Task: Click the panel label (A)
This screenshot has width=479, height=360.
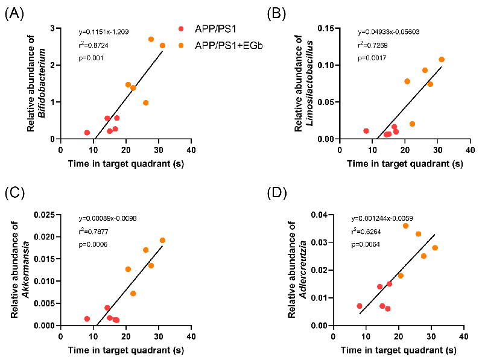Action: point(14,13)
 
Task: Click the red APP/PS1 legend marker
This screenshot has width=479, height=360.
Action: point(180,28)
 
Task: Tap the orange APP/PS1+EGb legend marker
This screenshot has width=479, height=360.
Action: point(180,45)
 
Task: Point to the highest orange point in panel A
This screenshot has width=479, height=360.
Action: point(151,39)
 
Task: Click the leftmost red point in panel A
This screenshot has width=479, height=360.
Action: point(87,133)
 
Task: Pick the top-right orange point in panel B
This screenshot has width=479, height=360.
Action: point(441,60)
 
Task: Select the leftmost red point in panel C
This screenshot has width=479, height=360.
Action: point(87,318)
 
